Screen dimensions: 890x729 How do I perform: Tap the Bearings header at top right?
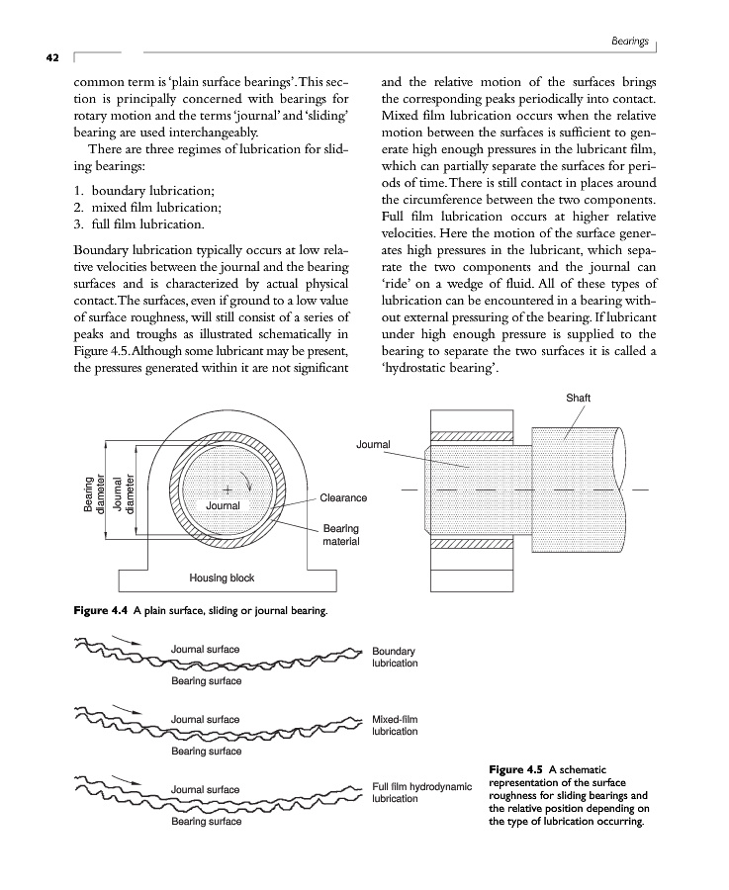click(x=629, y=42)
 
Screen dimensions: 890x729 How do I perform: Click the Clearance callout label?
click(x=343, y=497)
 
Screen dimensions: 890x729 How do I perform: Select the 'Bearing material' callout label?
click(x=341, y=536)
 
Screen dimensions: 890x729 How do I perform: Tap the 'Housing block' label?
click(x=222, y=578)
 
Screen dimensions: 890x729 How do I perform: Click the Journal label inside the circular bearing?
click(x=224, y=505)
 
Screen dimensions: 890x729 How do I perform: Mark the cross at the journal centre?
click(x=227, y=489)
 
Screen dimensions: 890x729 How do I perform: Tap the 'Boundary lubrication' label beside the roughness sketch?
click(x=395, y=658)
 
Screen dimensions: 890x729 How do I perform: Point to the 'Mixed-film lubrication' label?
click(x=395, y=725)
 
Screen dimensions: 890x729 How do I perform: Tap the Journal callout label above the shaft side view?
click(x=373, y=445)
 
